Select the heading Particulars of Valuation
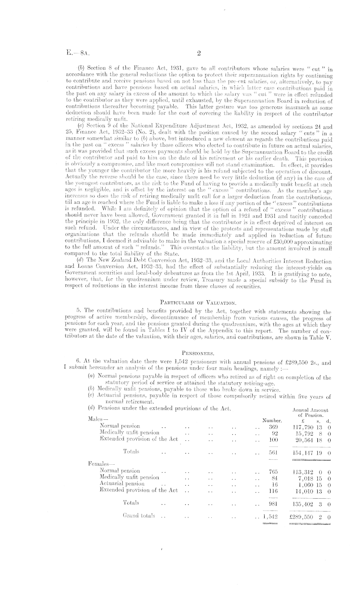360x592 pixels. pos(198,303)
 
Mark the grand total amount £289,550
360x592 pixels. pos(302,517)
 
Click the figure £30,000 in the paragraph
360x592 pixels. pos(276,242)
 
